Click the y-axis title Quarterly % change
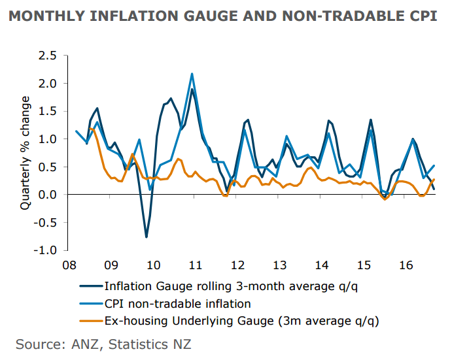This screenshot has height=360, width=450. (x=26, y=152)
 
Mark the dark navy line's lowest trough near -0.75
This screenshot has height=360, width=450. (x=146, y=237)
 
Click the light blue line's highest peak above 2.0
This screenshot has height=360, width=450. (x=192, y=74)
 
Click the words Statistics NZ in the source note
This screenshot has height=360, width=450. (x=154, y=344)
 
